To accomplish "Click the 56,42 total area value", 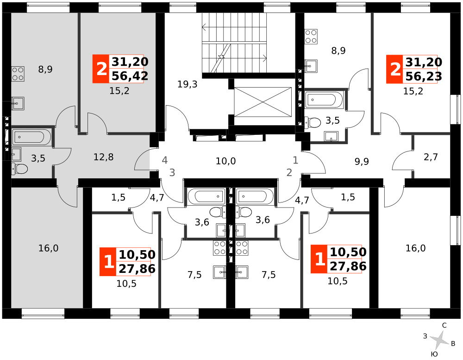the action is tap(130, 76).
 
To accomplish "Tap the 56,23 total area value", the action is tap(424, 76).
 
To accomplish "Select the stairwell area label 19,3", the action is tap(187, 84).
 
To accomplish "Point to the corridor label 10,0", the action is tap(225, 161).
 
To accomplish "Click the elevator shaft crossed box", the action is tap(263, 102).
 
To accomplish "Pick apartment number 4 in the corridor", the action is tap(165, 160).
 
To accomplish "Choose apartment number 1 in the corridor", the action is tap(295, 160).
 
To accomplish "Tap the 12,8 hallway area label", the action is tap(103, 157).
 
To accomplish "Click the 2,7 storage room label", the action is tap(431, 157).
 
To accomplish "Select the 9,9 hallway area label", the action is tap(362, 161).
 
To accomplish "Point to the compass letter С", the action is tap(444, 325).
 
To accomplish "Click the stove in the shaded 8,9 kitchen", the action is tap(18, 74).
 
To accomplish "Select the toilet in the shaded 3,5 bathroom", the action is tap(19, 169).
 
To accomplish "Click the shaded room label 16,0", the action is tap(49, 248).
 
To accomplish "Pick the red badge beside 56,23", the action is tap(394, 69).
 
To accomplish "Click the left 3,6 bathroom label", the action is tap(202, 222).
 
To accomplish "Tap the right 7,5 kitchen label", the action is tap(269, 275).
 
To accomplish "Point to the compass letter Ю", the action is tap(434, 354).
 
